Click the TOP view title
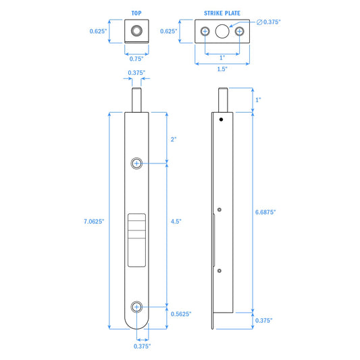[136, 13]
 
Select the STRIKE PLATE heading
[222, 13]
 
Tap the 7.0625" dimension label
[94, 222]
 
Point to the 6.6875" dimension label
[265, 212]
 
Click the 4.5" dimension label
[176, 222]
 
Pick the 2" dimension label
[174, 139]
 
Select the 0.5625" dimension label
[181, 314]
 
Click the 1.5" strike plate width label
[222, 69]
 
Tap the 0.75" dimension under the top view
[136, 59]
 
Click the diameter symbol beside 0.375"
[259, 22]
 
